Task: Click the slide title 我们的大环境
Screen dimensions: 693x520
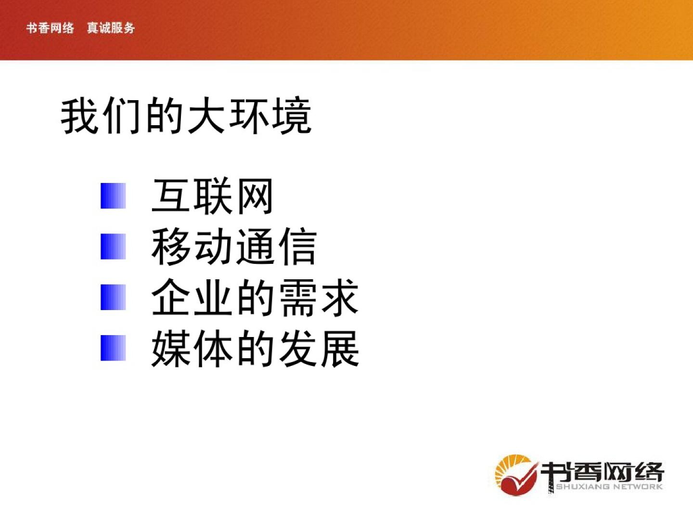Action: coord(186,116)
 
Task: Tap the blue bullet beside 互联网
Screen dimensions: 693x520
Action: coord(113,196)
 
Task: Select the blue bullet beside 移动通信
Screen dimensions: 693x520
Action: coord(113,246)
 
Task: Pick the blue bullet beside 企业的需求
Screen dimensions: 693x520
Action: coord(113,297)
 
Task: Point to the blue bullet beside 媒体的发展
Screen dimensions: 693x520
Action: coord(113,348)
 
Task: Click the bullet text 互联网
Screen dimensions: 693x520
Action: coord(212,196)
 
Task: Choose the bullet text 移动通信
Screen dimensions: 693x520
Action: coord(234,247)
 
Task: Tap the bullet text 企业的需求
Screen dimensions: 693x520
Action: coord(255,298)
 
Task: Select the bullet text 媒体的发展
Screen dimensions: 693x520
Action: coord(255,348)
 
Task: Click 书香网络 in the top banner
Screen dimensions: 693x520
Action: coord(50,28)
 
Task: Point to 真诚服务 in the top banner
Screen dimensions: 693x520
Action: coord(111,28)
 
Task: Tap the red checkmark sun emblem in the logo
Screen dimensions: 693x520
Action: coord(516,475)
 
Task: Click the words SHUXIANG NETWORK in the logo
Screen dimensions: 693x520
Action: coord(609,486)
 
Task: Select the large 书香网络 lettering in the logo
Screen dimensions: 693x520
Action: coord(602,473)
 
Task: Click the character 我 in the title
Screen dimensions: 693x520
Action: coord(79,116)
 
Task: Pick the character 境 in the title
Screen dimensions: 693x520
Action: coord(292,116)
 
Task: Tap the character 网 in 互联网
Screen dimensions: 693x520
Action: coord(255,196)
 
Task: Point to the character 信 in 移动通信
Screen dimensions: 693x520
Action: coord(298,247)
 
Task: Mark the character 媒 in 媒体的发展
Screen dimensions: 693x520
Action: coord(170,348)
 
